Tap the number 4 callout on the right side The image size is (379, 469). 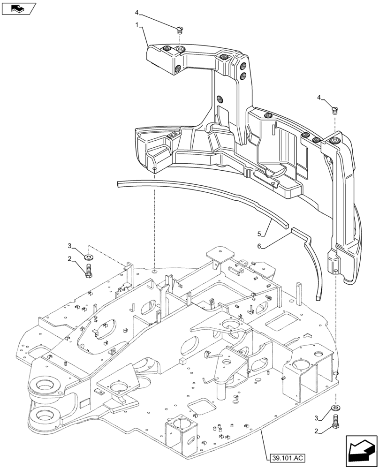coord(319,98)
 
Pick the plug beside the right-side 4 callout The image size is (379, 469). coord(334,110)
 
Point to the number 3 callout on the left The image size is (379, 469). coord(69,246)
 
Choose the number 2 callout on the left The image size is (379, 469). coord(69,258)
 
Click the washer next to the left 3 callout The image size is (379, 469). coord(89,257)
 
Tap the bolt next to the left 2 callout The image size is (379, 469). coord(89,271)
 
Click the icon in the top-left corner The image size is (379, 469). coord(18,8)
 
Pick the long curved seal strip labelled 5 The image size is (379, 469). coord(197,197)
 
